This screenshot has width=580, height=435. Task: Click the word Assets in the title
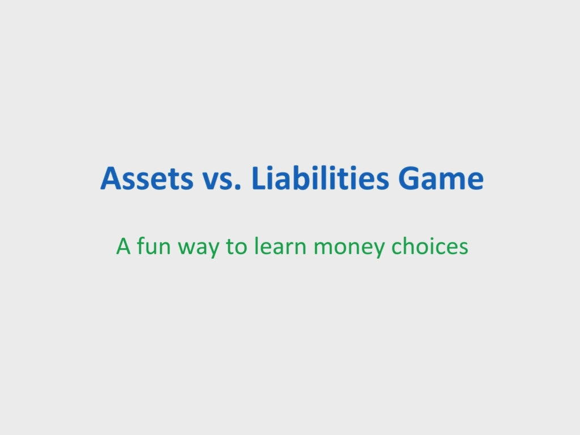pos(147,178)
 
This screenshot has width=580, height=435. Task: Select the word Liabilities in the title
pos(321,177)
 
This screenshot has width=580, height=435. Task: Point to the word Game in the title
pos(441,178)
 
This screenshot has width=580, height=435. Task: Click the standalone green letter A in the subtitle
pos(123,246)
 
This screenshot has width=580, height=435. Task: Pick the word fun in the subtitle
pos(154,246)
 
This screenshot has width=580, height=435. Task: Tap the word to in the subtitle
pos(236,247)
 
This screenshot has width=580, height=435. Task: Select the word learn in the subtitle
pos(280,246)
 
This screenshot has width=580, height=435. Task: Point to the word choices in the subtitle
pos(430,246)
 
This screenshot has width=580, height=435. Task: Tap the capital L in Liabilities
pos(259,178)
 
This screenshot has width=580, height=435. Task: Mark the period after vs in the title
pos(237,187)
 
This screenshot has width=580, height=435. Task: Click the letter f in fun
pos(141,246)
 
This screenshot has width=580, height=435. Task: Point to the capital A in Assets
pos(112,178)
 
